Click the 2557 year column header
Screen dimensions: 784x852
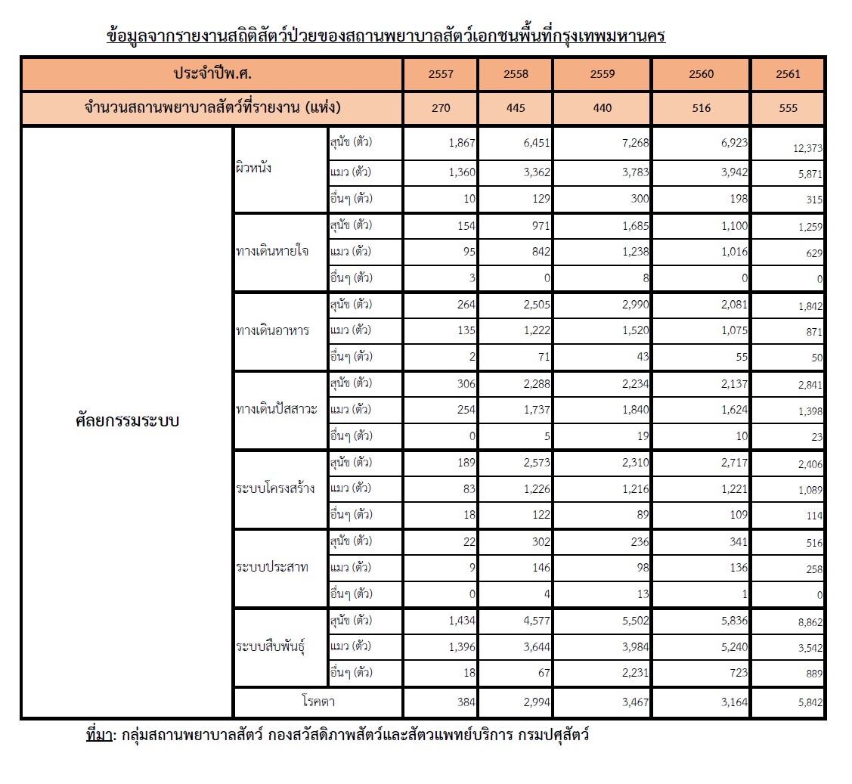pos(441,75)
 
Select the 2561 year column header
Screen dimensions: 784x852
pos(788,75)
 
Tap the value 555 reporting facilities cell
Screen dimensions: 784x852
pos(788,108)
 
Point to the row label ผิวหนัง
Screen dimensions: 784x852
pos(254,169)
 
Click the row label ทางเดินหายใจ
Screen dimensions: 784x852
pos(271,252)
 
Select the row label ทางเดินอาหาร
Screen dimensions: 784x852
pos(272,330)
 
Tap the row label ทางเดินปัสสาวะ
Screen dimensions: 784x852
pos(276,410)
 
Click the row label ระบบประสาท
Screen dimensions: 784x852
pos(271,568)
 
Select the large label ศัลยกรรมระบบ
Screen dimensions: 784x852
pos(127,420)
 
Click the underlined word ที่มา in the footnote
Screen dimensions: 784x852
pos(98,734)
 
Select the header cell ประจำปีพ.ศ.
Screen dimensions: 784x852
pos(211,74)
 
